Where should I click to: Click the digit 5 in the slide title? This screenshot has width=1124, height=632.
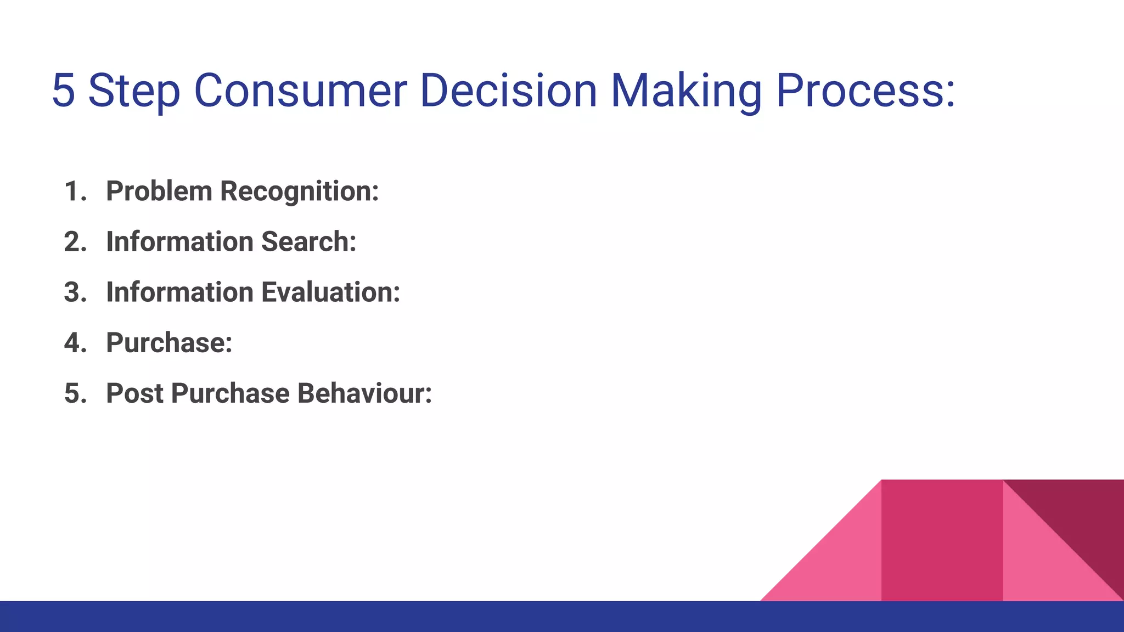[64, 91]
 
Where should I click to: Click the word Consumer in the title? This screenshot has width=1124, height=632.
[300, 91]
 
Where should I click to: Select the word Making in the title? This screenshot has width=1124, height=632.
[686, 91]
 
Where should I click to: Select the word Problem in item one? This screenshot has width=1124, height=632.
[159, 191]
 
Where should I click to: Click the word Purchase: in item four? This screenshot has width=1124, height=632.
[169, 343]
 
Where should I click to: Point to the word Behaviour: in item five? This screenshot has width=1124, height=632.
[364, 393]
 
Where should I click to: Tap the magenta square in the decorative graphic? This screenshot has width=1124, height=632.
[942, 540]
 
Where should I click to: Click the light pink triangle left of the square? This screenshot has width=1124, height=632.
[840, 565]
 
